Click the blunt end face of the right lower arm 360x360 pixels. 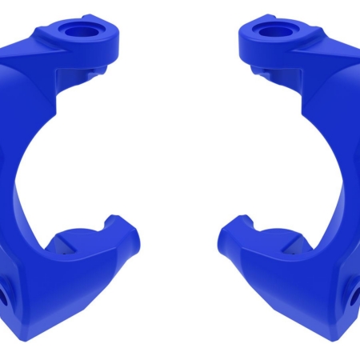(x=227, y=237)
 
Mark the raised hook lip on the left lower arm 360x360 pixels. (x=112, y=221)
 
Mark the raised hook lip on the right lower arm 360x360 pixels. (x=247, y=221)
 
